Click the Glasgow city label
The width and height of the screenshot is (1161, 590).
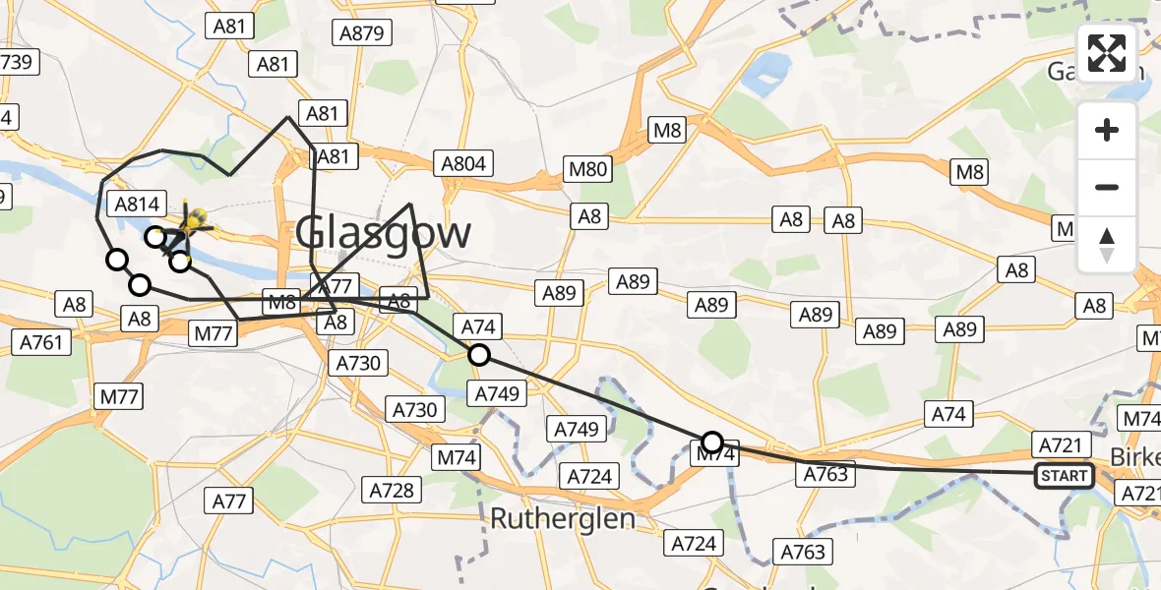click(x=384, y=234)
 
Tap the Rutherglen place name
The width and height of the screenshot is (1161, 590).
click(x=562, y=518)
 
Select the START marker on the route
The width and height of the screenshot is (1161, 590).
click(x=1064, y=477)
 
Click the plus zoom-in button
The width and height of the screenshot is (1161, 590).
click(x=1107, y=130)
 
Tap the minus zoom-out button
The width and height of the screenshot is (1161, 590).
click(x=1107, y=187)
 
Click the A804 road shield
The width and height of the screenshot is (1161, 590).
click(x=463, y=163)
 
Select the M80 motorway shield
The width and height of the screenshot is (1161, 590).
click(x=588, y=168)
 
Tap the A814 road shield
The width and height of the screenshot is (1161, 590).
click(x=137, y=205)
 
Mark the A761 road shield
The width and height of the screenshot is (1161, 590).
click(x=40, y=342)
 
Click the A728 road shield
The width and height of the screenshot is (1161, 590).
click(x=393, y=489)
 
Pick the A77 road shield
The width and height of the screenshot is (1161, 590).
click(x=229, y=501)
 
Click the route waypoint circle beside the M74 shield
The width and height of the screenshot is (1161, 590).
click(x=712, y=442)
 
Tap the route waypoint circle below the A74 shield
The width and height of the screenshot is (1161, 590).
click(x=479, y=355)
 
